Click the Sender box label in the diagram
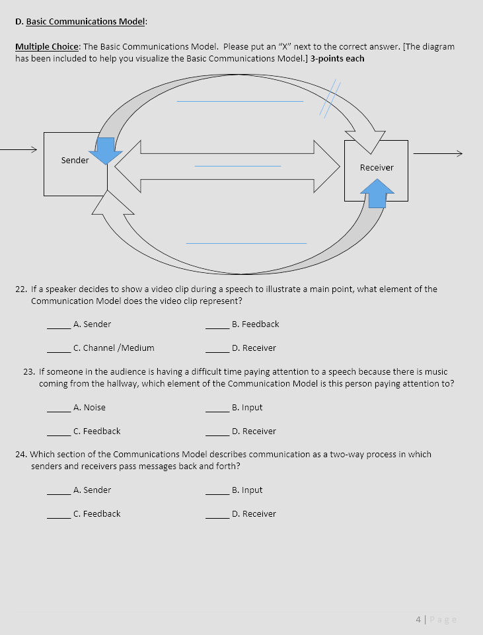pyautogui.click(x=75, y=161)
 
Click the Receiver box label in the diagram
pyautogui.click(x=377, y=168)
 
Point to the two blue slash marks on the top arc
pyautogui.click(x=329, y=99)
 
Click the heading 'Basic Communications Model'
pyautogui.click(x=85, y=22)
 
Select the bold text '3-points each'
pyautogui.click(x=337, y=58)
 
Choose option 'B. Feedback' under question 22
pyautogui.click(x=255, y=324)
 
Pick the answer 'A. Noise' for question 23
pyautogui.click(x=89, y=408)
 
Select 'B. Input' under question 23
pyautogui.click(x=247, y=408)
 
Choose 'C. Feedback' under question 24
pyautogui.click(x=96, y=514)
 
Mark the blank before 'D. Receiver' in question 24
pyautogui.click(x=217, y=517)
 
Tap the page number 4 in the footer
pyautogui.click(x=419, y=620)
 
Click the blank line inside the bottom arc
pyautogui.click(x=246, y=243)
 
